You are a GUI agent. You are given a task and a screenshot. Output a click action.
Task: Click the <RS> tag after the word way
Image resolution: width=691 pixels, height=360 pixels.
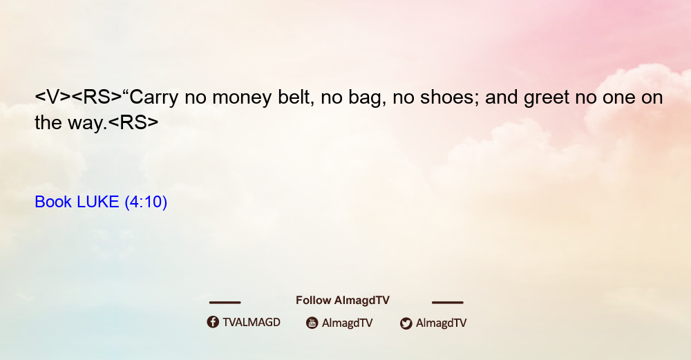tap(133, 122)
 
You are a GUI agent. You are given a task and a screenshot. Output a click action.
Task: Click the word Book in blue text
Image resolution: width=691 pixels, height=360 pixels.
tap(53, 202)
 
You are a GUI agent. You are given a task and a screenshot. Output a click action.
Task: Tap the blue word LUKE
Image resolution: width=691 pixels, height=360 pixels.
tap(98, 202)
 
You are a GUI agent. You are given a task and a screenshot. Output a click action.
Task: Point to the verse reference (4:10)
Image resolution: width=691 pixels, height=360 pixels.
tap(146, 202)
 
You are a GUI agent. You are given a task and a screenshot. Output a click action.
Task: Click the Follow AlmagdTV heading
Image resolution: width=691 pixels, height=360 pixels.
tap(343, 300)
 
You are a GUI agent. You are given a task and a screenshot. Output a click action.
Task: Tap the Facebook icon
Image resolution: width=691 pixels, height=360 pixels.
tap(213, 322)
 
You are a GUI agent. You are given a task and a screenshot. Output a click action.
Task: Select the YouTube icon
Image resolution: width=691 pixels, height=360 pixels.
tap(312, 323)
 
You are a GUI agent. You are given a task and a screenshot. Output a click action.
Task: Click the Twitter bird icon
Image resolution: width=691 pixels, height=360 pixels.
tap(406, 323)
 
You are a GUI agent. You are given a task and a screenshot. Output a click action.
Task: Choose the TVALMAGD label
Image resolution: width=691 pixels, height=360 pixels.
tap(252, 322)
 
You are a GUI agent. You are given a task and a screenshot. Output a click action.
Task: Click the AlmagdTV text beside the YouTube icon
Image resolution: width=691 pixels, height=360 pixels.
tap(348, 323)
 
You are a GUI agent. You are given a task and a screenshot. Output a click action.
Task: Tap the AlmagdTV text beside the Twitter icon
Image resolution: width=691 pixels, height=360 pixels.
tap(441, 323)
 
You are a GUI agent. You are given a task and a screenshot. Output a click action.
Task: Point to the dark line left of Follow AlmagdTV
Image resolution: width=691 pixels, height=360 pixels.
tap(225, 302)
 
